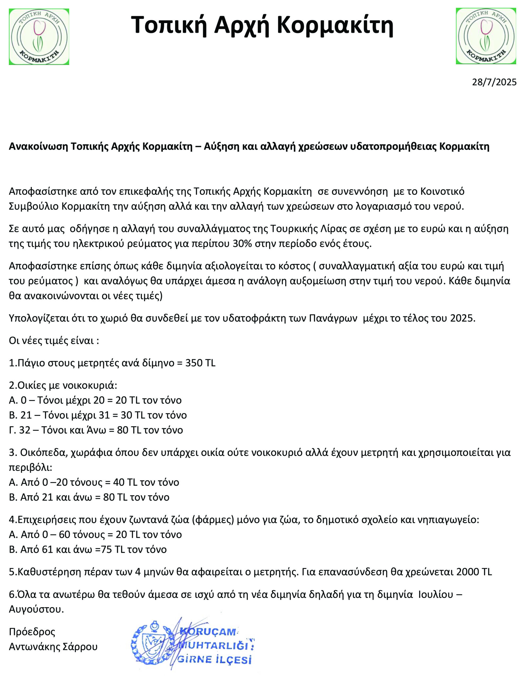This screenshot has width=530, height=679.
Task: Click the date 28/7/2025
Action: point(494,82)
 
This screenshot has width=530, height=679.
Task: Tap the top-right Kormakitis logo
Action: point(486,36)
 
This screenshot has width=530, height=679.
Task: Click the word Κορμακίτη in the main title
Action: point(335,25)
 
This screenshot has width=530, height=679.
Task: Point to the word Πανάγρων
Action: point(333,318)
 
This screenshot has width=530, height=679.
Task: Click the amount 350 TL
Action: point(200,363)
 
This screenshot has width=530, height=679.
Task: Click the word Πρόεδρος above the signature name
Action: point(32,632)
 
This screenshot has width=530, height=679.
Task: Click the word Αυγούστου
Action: point(36,609)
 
